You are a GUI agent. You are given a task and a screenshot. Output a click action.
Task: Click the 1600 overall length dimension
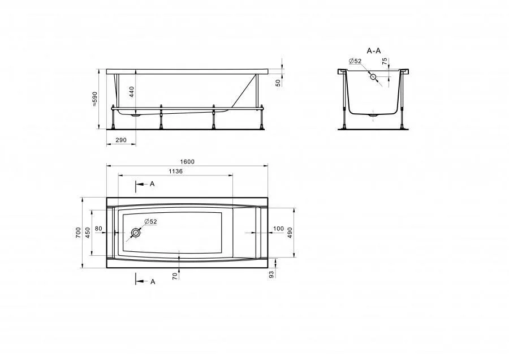(x=187, y=162)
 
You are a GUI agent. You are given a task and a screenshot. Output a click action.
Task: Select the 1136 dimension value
(x=176, y=172)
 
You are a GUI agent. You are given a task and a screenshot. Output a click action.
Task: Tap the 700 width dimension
(x=78, y=233)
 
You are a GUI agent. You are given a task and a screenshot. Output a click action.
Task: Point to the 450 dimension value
(x=88, y=233)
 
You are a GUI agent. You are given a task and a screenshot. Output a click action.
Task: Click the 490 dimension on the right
(x=290, y=233)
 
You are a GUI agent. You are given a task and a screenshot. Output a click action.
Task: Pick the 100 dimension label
(x=278, y=229)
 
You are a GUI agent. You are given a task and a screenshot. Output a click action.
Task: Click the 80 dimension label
(x=98, y=229)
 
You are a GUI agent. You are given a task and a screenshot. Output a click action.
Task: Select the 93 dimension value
(x=272, y=274)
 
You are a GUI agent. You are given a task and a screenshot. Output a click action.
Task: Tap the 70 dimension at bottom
(x=175, y=276)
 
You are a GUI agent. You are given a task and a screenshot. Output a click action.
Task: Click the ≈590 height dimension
(x=95, y=99)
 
